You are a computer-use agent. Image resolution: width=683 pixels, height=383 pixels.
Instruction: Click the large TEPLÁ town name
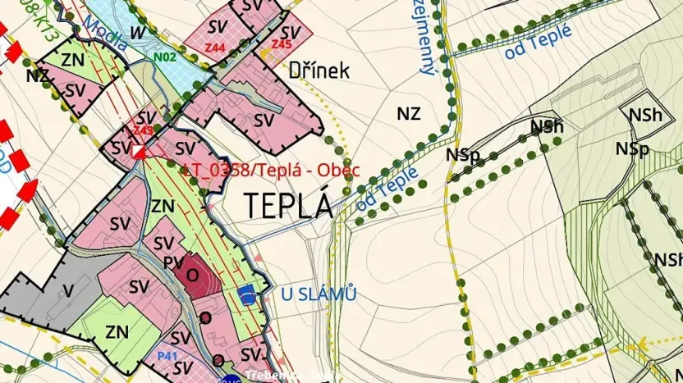[x=287, y=204]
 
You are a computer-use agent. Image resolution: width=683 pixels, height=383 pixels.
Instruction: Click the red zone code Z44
[x=215, y=48]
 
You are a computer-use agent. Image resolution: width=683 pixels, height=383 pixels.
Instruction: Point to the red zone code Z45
[x=282, y=43]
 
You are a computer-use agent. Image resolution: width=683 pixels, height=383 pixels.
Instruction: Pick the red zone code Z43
[x=144, y=130]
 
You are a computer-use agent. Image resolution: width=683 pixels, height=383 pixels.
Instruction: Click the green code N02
[x=165, y=57]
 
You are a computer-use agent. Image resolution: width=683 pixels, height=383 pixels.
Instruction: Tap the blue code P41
[x=167, y=356]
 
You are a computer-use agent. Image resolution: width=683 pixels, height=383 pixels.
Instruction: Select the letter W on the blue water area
[x=138, y=32]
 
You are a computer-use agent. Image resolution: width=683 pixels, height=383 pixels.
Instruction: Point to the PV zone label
[x=172, y=262]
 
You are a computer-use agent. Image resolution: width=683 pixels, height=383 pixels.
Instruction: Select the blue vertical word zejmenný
[x=426, y=37]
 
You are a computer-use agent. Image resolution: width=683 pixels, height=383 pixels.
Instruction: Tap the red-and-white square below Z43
[x=140, y=152]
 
